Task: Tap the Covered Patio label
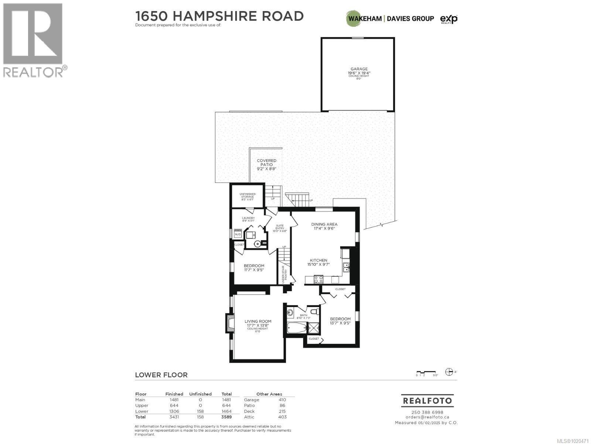[267, 165]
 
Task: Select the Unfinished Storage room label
[247, 196]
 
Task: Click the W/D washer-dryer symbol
[238, 234]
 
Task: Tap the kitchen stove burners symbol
[318, 279]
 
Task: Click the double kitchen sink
[346, 267]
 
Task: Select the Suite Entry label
[280, 228]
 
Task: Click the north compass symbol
[449, 372]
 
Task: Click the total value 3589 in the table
[226, 417]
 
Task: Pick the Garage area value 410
[282, 400]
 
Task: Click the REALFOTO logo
[427, 401]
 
